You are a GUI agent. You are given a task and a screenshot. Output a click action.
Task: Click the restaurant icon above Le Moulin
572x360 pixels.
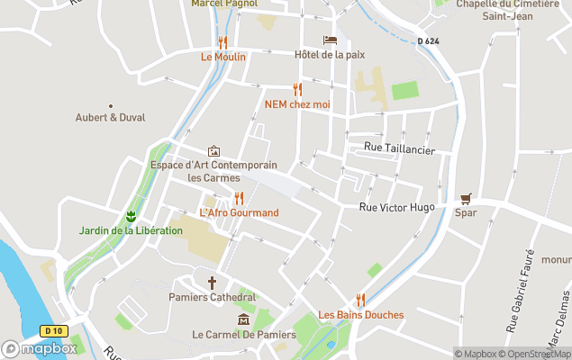click(222, 42)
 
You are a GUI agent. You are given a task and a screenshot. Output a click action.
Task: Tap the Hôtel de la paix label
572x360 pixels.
click(330, 55)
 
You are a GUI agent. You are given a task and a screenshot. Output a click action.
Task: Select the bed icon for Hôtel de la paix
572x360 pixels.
click(330, 40)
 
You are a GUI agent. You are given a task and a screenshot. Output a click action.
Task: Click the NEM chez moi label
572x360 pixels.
click(297, 104)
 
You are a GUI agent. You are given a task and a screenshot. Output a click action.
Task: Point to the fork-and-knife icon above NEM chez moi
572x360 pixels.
click(297, 89)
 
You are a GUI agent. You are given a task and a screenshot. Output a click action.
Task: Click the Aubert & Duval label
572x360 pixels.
click(111, 118)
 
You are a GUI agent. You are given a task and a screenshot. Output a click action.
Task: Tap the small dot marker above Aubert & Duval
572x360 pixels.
click(111, 105)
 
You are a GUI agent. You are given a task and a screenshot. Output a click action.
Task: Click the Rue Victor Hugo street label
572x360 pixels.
click(396, 207)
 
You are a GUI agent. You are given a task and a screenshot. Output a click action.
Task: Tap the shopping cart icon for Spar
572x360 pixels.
click(466, 199)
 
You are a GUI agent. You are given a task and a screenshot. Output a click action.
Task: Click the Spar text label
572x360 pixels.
click(466, 213)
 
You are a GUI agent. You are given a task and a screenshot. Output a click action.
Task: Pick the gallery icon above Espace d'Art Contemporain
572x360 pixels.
click(213, 151)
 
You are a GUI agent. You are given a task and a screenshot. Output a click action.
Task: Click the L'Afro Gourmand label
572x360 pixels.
click(239, 213)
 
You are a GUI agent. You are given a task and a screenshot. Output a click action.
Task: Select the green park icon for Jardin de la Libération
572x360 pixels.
click(131, 216)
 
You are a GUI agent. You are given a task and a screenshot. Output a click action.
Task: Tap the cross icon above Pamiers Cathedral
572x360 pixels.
click(213, 283)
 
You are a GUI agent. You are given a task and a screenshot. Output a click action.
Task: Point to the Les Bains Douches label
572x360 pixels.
click(360, 315)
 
